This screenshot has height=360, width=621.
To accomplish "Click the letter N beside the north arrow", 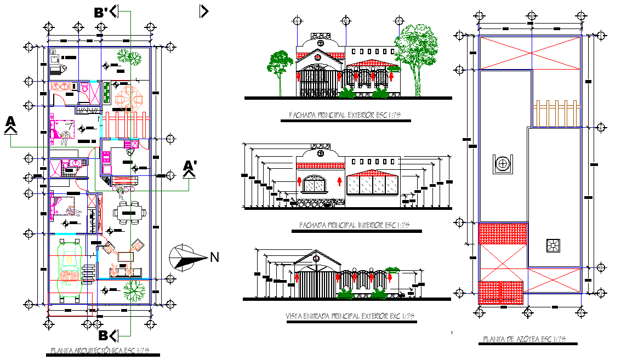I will pos(214,256).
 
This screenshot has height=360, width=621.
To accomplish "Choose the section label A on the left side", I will pos(10,124).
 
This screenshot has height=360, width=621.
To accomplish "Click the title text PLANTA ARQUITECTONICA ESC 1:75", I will pos(100,351).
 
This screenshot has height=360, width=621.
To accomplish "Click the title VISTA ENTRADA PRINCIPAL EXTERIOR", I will pos(350,316).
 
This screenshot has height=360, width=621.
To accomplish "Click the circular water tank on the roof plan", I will pos(503,163).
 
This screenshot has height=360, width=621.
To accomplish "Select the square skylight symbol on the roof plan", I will pos(552,245).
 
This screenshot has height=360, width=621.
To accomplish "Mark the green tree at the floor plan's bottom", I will pos(132,290).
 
